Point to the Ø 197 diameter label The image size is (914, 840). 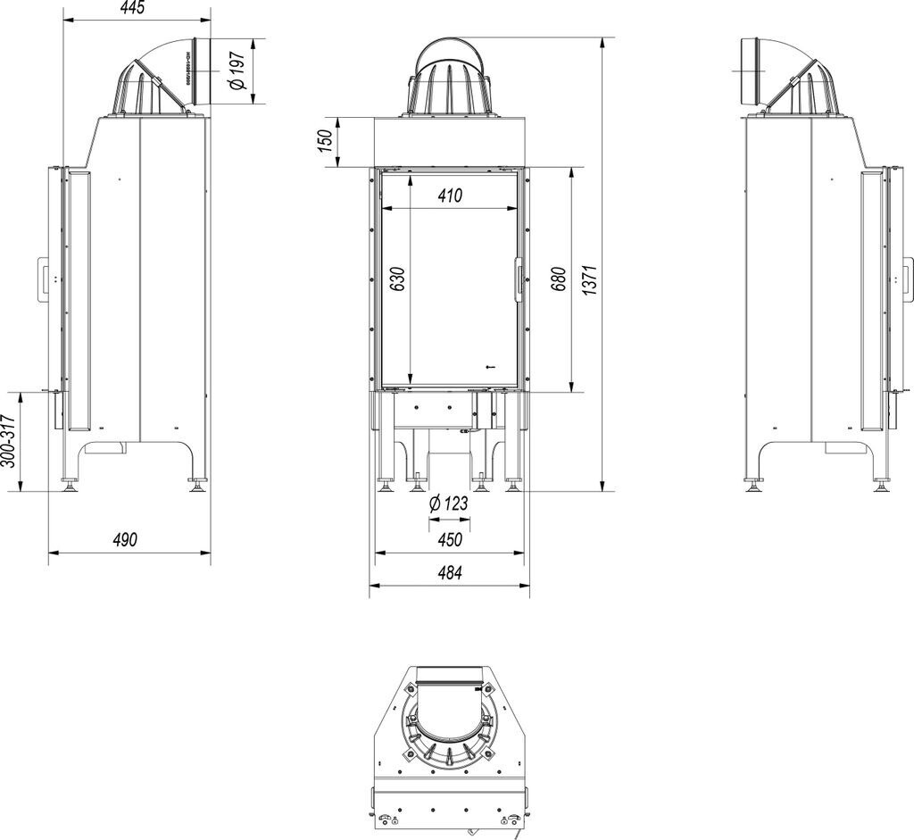click(237, 72)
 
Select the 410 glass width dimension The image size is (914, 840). click(449, 196)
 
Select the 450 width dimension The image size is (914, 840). click(449, 540)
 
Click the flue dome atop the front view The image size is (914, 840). click(451, 78)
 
